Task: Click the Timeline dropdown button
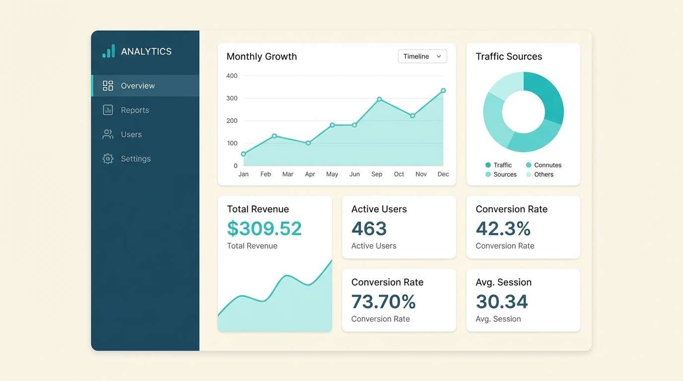pos(422,57)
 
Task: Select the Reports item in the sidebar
pos(135,110)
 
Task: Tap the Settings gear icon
pos(108,159)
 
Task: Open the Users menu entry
pos(131,134)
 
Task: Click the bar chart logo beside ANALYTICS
pos(109,51)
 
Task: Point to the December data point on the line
pos(443,91)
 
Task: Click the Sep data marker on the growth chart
pos(379,99)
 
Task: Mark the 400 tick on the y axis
pos(232,76)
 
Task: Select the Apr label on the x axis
pos(310,174)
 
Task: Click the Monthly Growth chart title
pos(262,57)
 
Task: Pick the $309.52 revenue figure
pos(264,229)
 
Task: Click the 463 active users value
pos(369,229)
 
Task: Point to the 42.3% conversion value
pos(503,229)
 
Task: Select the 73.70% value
pos(383,302)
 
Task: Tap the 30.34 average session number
pos(501,302)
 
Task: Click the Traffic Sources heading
pos(509,57)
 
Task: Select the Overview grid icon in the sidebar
pos(108,86)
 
